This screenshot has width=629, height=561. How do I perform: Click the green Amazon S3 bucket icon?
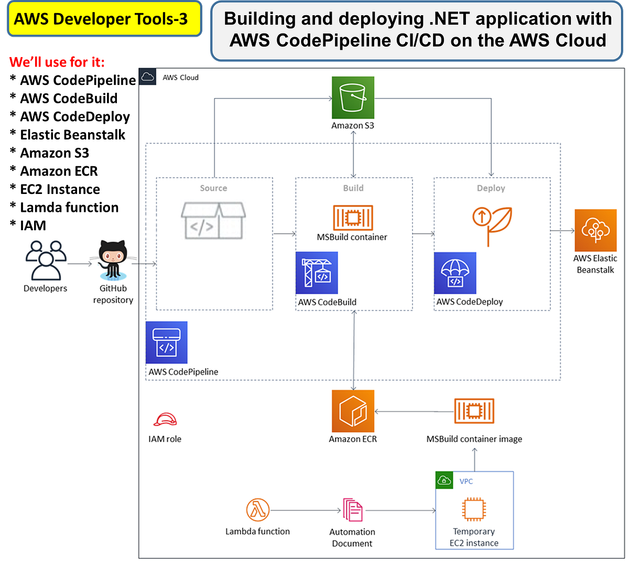coord(353,98)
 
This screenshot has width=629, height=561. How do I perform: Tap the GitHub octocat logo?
coord(113,259)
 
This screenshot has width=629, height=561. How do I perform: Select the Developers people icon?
coord(46,260)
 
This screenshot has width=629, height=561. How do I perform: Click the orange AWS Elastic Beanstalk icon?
coord(595,230)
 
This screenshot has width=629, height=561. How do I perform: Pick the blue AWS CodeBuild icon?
coord(317,273)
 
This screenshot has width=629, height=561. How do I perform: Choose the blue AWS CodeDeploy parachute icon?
coord(455,273)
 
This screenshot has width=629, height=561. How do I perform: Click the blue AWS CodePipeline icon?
coord(166,342)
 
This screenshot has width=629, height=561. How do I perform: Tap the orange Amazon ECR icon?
coord(353,411)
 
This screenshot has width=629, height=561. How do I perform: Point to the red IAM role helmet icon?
coord(165,420)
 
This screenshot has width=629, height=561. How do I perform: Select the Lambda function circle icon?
coord(257,510)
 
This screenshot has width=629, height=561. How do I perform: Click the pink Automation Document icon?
coord(352,510)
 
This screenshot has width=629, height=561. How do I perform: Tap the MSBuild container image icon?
coord(474,411)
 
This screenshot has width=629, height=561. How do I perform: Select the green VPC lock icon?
coord(444,480)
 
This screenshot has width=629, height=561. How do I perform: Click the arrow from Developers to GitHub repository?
coord(80,263)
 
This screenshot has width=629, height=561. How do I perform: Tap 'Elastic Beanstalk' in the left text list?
coord(73,135)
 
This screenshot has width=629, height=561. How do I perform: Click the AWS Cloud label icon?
coord(148,77)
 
